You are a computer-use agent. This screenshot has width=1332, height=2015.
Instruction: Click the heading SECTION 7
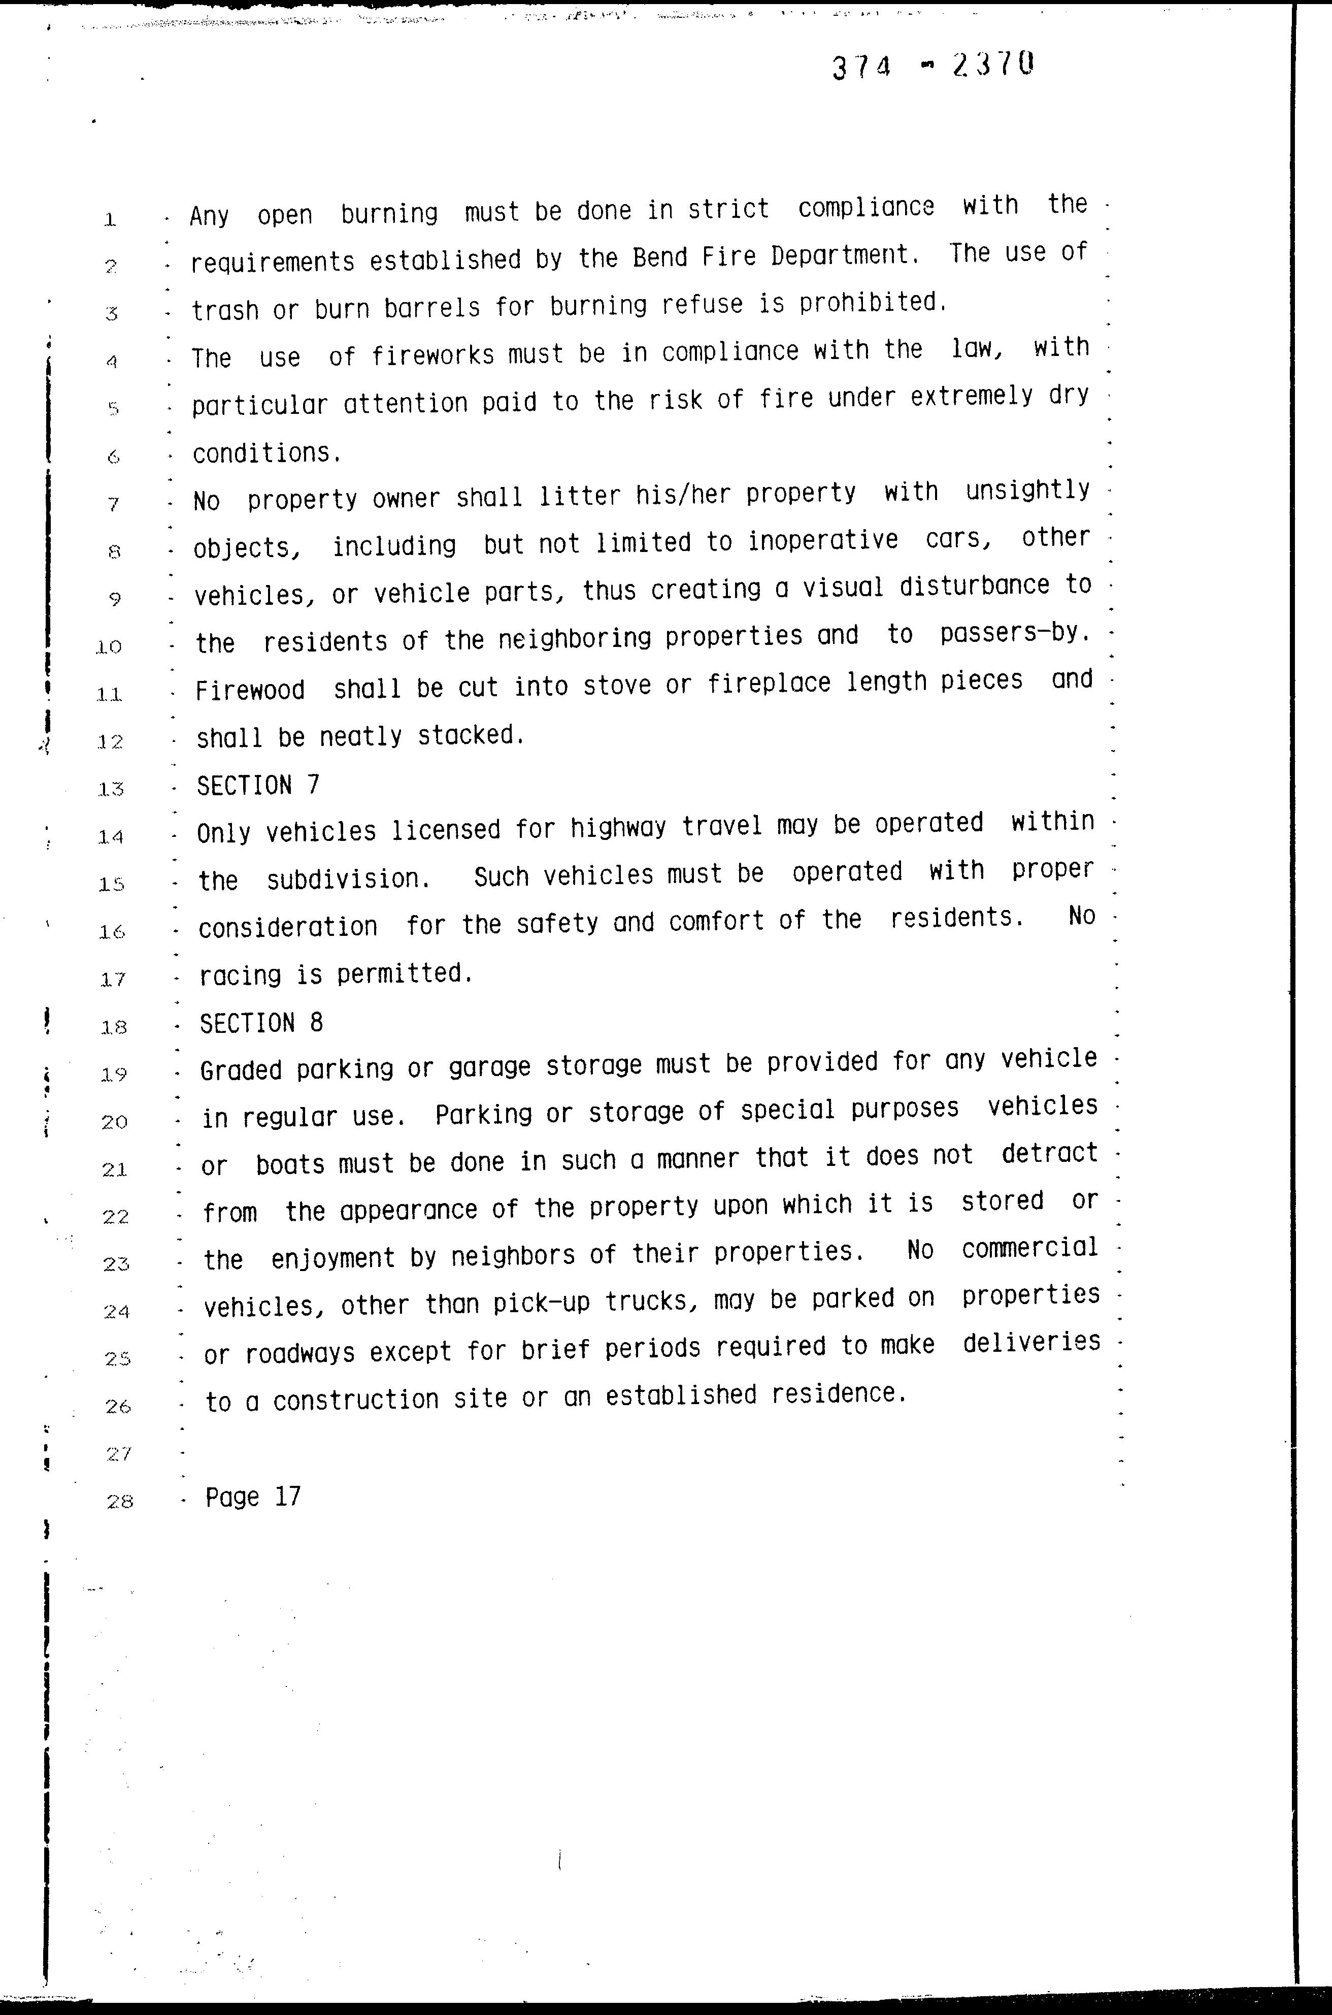point(258,785)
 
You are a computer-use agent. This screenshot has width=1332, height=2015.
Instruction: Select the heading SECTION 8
point(261,1022)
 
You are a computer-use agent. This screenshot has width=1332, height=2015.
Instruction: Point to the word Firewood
point(250,689)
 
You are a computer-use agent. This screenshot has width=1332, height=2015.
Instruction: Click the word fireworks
point(432,353)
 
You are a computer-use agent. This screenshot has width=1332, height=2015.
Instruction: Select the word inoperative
point(822,540)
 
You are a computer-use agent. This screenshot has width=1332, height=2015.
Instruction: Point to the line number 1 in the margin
point(110,220)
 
